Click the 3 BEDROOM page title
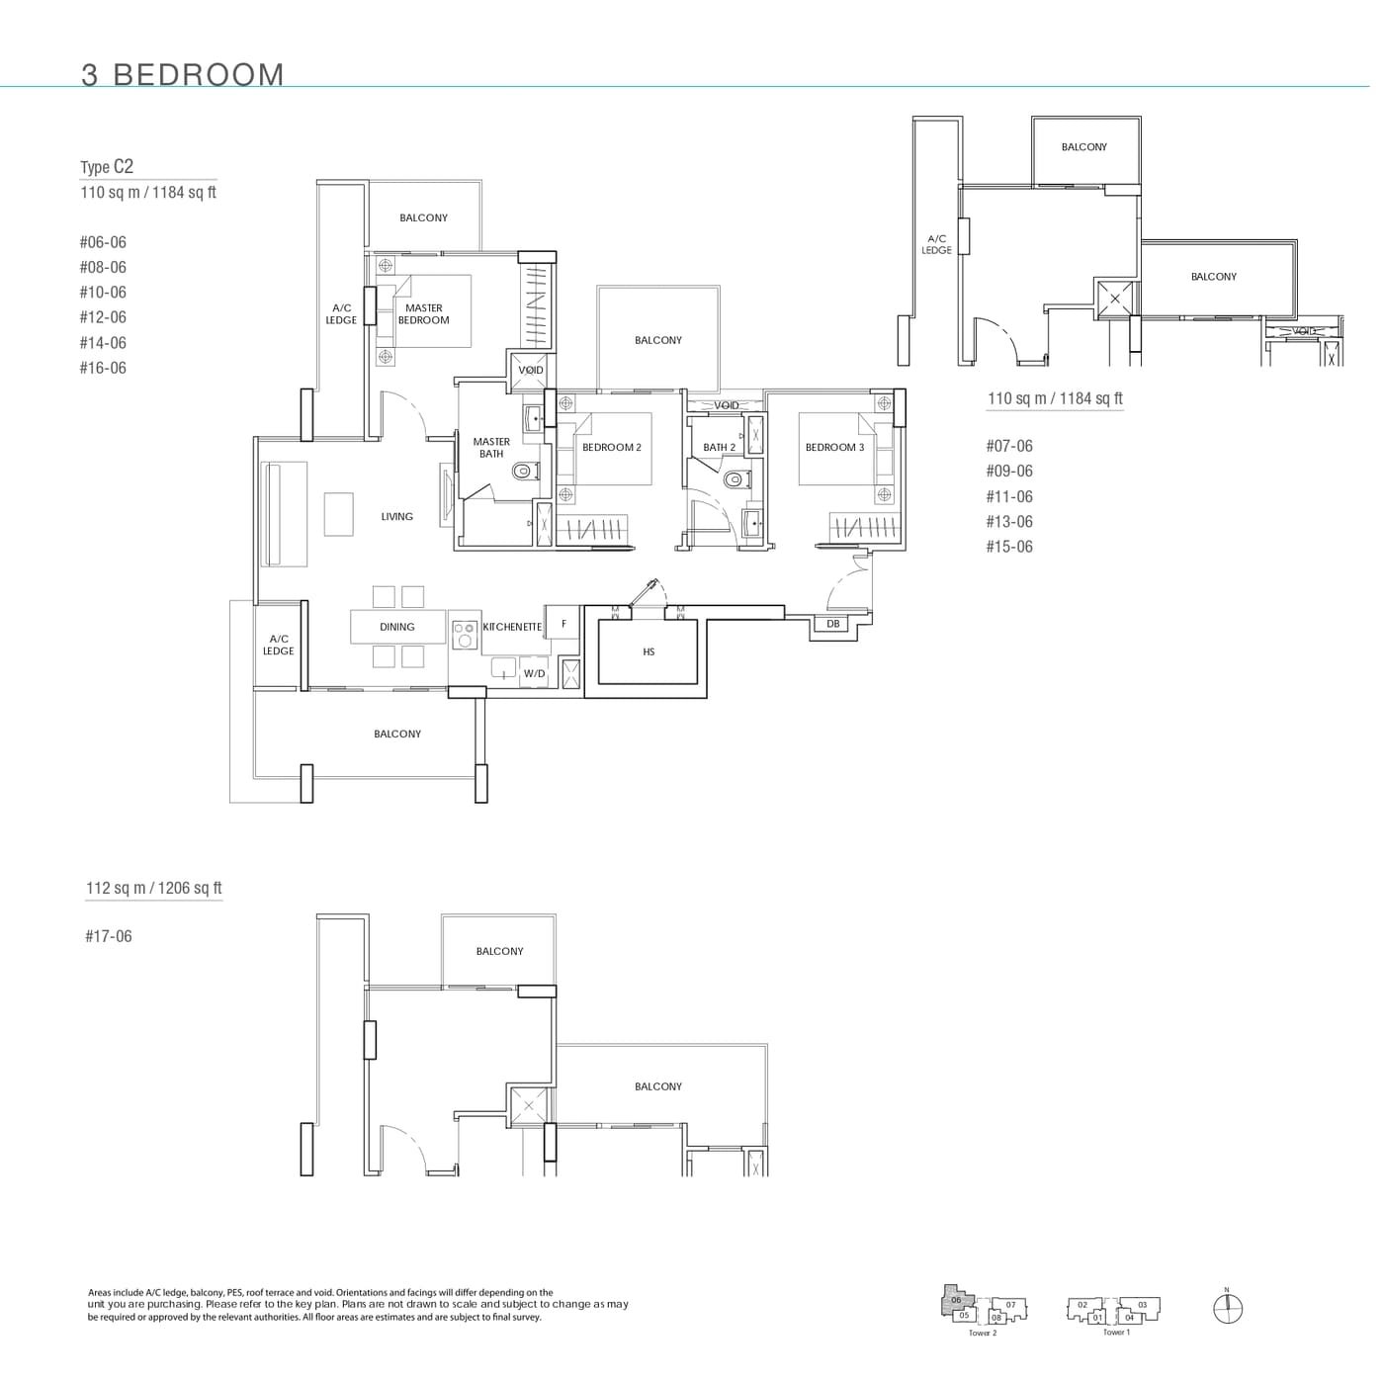click(x=183, y=75)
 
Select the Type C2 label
click(x=107, y=167)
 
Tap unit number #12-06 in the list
click(x=103, y=317)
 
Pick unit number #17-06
click(x=108, y=936)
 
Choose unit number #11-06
click(x=1008, y=496)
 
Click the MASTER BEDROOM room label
click(x=423, y=314)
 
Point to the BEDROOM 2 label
click(x=611, y=448)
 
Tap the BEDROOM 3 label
click(x=834, y=448)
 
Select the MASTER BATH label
click(x=491, y=448)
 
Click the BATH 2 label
click(x=719, y=448)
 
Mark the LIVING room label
click(x=397, y=517)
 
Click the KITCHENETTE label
click(x=512, y=628)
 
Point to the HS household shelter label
click(x=649, y=652)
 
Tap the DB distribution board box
click(x=832, y=625)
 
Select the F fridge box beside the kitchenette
click(x=563, y=625)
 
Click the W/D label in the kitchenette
click(x=534, y=674)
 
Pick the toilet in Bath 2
click(x=734, y=480)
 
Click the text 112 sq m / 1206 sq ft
click(x=153, y=888)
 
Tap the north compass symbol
click(x=1227, y=1309)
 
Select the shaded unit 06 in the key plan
click(x=955, y=1300)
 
